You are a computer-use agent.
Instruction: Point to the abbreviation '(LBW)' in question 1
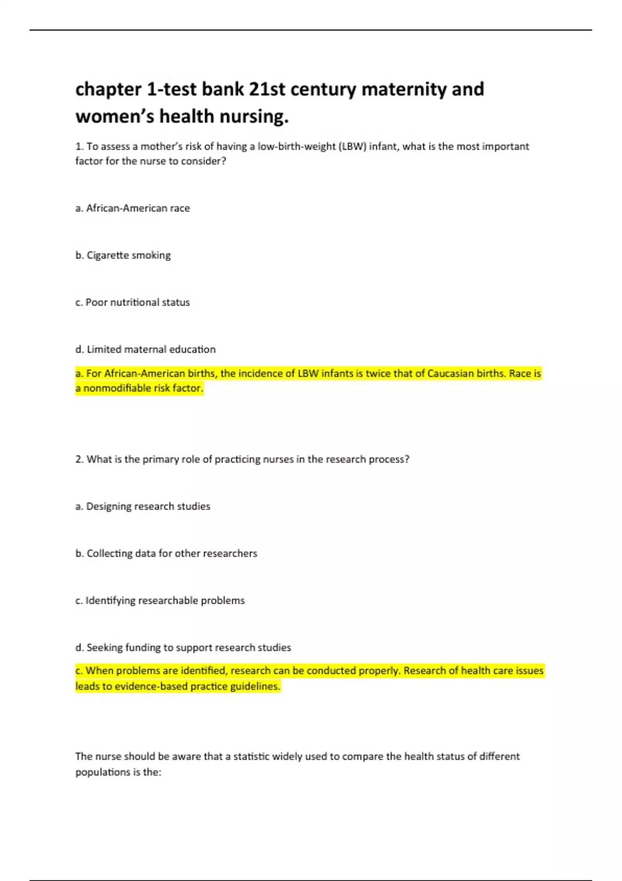click(352, 147)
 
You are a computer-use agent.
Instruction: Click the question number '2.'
click(79, 460)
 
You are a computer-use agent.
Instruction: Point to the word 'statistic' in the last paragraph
click(251, 757)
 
